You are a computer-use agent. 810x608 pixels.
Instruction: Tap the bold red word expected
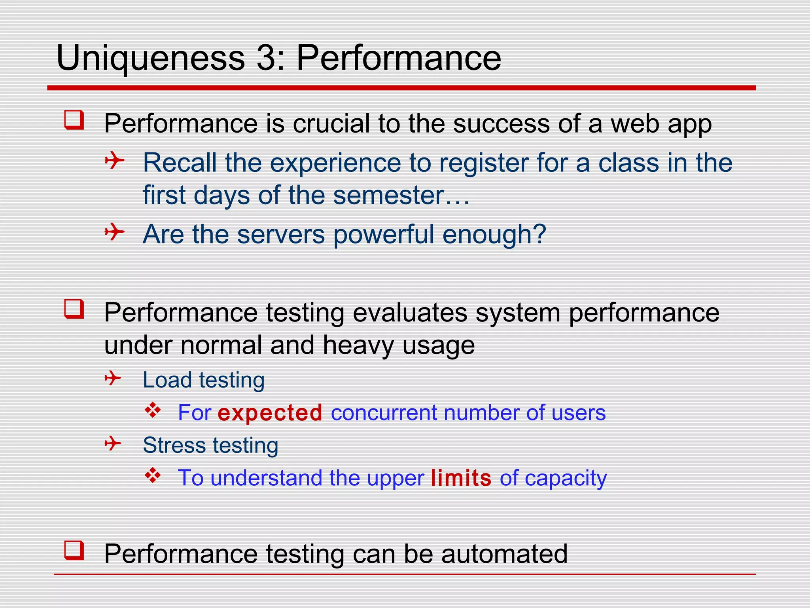click(270, 413)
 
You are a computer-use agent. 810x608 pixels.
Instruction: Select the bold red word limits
click(461, 478)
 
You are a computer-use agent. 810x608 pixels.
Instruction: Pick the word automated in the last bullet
click(504, 554)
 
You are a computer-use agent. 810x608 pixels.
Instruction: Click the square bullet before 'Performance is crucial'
click(74, 120)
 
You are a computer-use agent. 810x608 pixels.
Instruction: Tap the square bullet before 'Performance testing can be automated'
click(74, 551)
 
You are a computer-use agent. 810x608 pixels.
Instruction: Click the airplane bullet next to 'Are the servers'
click(114, 232)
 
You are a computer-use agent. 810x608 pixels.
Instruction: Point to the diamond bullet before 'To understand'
click(153, 475)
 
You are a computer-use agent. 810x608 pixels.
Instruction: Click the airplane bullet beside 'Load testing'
click(113, 378)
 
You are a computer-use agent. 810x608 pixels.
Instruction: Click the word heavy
click(358, 345)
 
